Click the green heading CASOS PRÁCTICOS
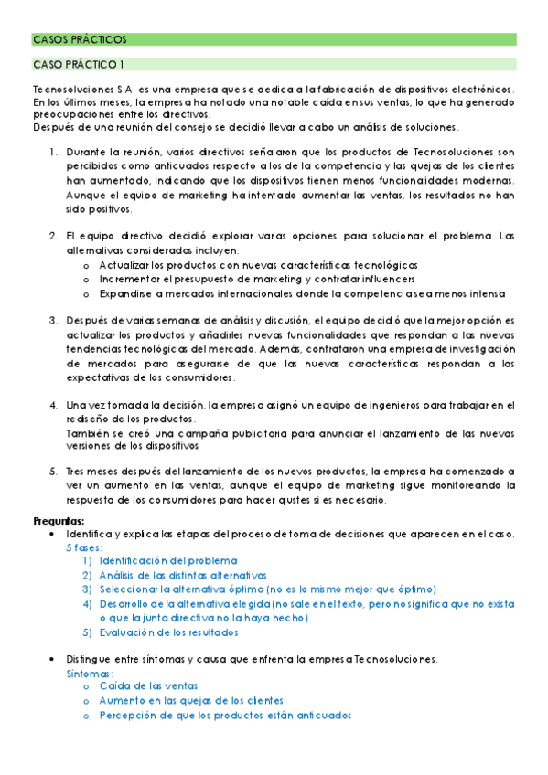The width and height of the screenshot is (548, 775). (x=80, y=39)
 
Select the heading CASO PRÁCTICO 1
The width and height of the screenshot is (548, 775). (x=79, y=64)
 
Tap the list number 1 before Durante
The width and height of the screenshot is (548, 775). (x=54, y=152)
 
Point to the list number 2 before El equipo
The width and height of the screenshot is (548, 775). (x=54, y=236)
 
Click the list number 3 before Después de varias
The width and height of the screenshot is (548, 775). (x=54, y=321)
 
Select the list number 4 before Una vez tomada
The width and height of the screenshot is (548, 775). (x=54, y=404)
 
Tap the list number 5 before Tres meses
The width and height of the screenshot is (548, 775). (x=54, y=472)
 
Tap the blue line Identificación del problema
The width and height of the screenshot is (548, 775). (x=168, y=560)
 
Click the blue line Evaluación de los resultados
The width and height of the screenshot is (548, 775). (x=169, y=632)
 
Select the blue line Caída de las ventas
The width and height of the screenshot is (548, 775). (x=148, y=686)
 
